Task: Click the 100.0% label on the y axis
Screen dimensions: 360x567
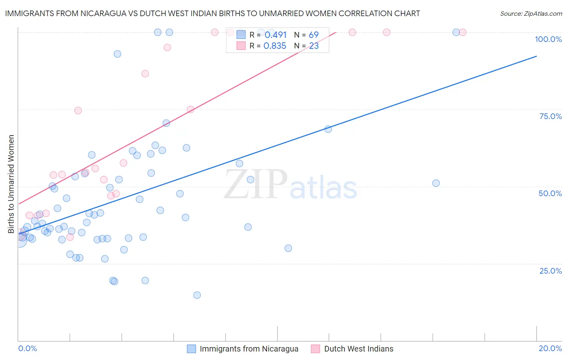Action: click(x=548, y=39)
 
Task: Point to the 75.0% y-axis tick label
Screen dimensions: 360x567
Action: click(x=550, y=116)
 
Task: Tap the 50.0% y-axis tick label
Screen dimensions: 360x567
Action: click(x=550, y=193)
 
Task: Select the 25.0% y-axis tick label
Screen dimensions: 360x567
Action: click(x=550, y=271)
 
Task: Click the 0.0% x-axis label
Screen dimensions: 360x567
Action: click(x=27, y=348)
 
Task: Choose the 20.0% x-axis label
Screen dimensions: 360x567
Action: click(x=550, y=348)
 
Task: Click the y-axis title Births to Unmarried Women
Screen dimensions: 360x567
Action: click(x=11, y=184)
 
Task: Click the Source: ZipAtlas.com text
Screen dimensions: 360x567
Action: click(x=531, y=13)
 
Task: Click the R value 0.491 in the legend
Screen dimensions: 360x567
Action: click(x=275, y=35)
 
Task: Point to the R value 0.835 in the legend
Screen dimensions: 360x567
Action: click(x=275, y=46)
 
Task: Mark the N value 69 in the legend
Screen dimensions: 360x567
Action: click(x=314, y=35)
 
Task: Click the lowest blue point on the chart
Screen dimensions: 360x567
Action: click(x=197, y=295)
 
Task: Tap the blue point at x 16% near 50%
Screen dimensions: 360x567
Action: click(x=436, y=183)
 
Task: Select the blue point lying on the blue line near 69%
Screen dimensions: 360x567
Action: click(x=328, y=129)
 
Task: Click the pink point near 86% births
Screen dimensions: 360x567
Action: click(x=145, y=73)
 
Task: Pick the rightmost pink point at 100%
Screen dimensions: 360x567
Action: click(x=463, y=32)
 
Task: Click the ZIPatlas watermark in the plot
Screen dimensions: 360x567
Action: click(x=290, y=184)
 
